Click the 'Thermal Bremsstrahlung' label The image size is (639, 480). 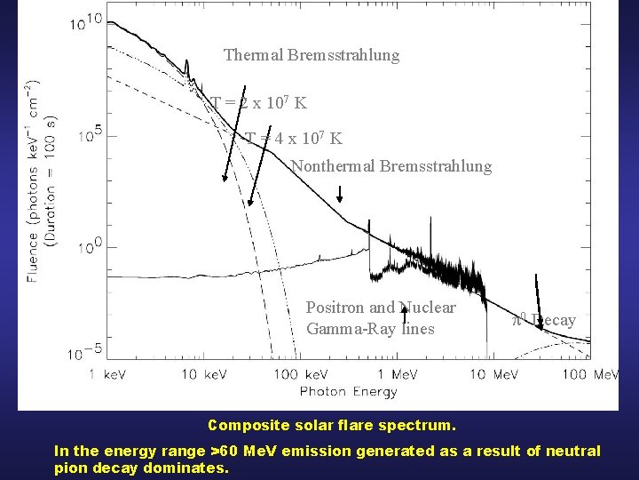click(312, 55)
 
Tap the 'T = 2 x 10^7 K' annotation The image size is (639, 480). click(259, 103)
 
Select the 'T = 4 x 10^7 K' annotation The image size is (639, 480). click(294, 139)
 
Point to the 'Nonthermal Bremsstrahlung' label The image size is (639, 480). click(390, 166)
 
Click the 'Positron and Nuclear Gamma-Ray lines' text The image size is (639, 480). click(381, 318)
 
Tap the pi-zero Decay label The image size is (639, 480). click(544, 320)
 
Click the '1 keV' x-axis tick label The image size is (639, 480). click(107, 374)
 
